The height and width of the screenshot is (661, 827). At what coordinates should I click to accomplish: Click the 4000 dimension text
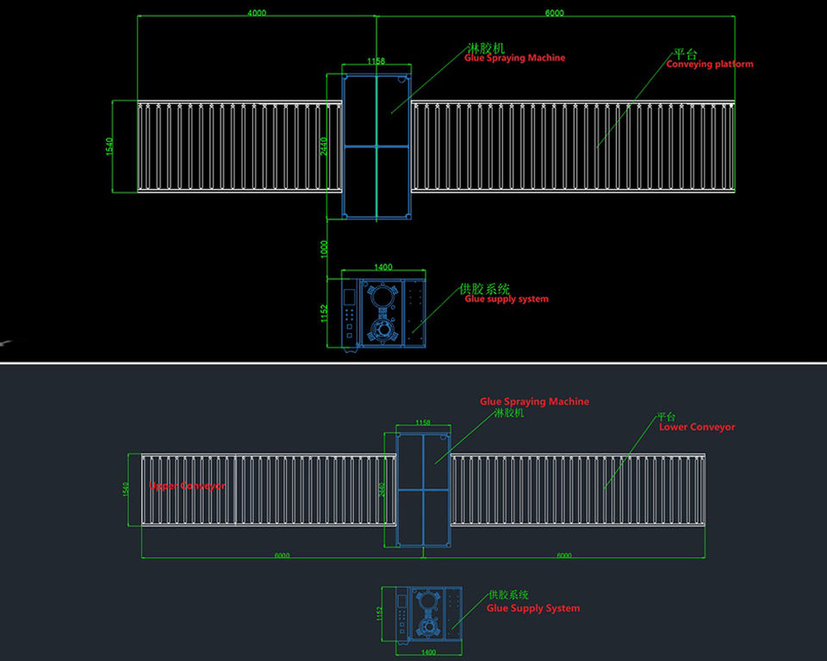[x=256, y=13]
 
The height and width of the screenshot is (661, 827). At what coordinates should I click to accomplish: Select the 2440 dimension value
[x=324, y=147]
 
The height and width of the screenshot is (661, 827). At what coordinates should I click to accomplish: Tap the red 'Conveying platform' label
[x=709, y=64]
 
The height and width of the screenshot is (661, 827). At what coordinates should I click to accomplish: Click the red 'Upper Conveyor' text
[x=187, y=486]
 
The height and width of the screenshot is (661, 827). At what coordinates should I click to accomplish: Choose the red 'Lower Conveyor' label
[x=696, y=427]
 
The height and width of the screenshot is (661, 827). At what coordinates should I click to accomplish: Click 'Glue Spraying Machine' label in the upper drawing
[x=514, y=58]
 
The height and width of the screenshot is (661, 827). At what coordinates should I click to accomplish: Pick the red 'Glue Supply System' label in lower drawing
[x=532, y=608]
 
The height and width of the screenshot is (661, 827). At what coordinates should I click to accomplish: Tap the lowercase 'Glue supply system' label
[x=506, y=300]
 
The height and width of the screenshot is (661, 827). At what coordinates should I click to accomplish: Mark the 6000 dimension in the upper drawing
[x=555, y=13]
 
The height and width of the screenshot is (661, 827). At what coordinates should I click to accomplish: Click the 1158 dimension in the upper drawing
[x=376, y=61]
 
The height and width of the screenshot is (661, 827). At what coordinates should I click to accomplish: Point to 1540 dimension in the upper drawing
[x=109, y=146]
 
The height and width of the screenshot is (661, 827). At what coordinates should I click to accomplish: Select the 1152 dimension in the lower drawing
[x=378, y=614]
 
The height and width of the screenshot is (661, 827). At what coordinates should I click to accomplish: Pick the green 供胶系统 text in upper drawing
[x=485, y=288]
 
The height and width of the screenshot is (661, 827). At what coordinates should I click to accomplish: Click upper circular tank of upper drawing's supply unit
[x=381, y=295]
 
